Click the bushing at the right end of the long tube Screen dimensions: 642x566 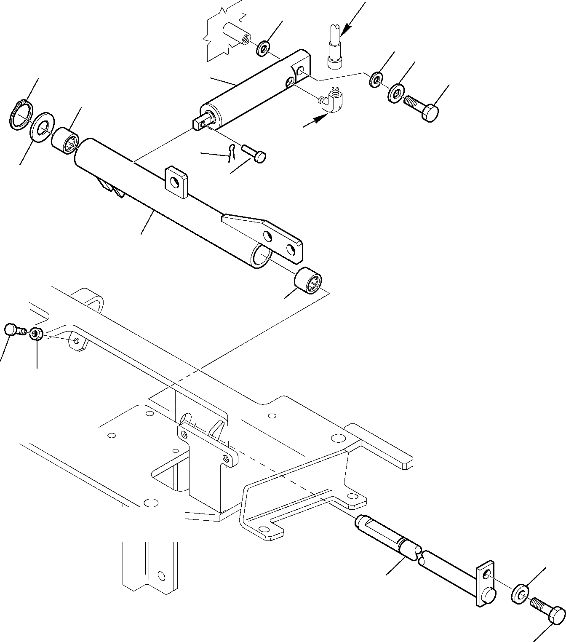click(308, 282)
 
